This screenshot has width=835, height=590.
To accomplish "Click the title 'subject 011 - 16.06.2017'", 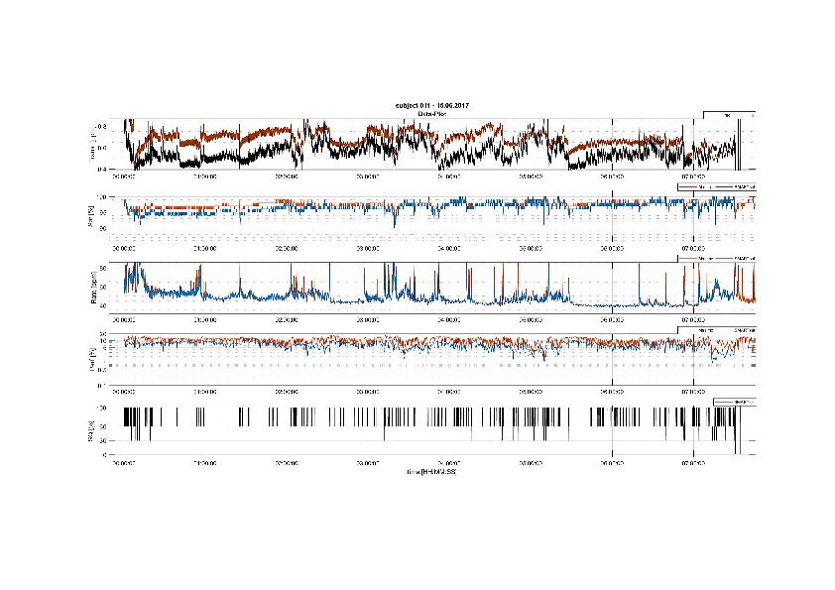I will (x=431, y=105).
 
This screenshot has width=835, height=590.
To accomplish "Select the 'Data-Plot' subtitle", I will (x=431, y=114).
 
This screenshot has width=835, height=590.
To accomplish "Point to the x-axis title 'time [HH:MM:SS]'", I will (x=431, y=471).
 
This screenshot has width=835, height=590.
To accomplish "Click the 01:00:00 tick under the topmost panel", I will (x=205, y=177).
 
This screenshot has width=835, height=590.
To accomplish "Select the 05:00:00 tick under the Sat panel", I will (x=531, y=247).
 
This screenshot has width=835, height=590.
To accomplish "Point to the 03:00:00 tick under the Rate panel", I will (x=368, y=319).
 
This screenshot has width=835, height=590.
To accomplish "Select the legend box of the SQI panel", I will (x=734, y=401).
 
